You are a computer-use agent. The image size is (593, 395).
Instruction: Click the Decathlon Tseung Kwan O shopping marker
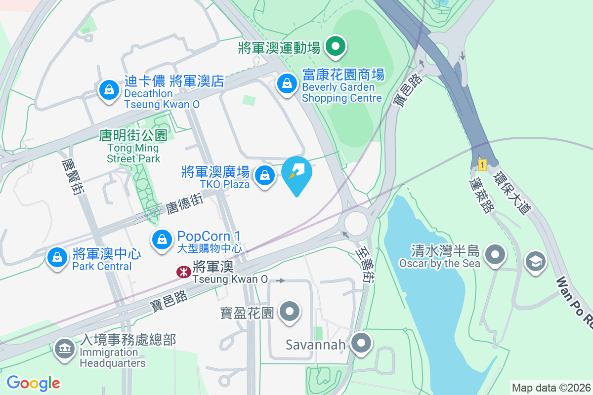tap(108, 90)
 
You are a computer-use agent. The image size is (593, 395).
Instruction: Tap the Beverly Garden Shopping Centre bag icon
tap(287, 83)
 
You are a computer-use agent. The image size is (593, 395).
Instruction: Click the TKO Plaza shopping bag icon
tap(265, 175)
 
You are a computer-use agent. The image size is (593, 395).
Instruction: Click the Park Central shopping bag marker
tap(57, 257)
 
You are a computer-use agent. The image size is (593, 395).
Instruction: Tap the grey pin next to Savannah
tap(362, 343)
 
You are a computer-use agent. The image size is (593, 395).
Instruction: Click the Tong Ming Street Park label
tap(133, 147)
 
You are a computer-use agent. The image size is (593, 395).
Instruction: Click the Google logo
tap(33, 383)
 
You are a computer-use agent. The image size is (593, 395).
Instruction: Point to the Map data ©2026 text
tap(551, 388)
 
